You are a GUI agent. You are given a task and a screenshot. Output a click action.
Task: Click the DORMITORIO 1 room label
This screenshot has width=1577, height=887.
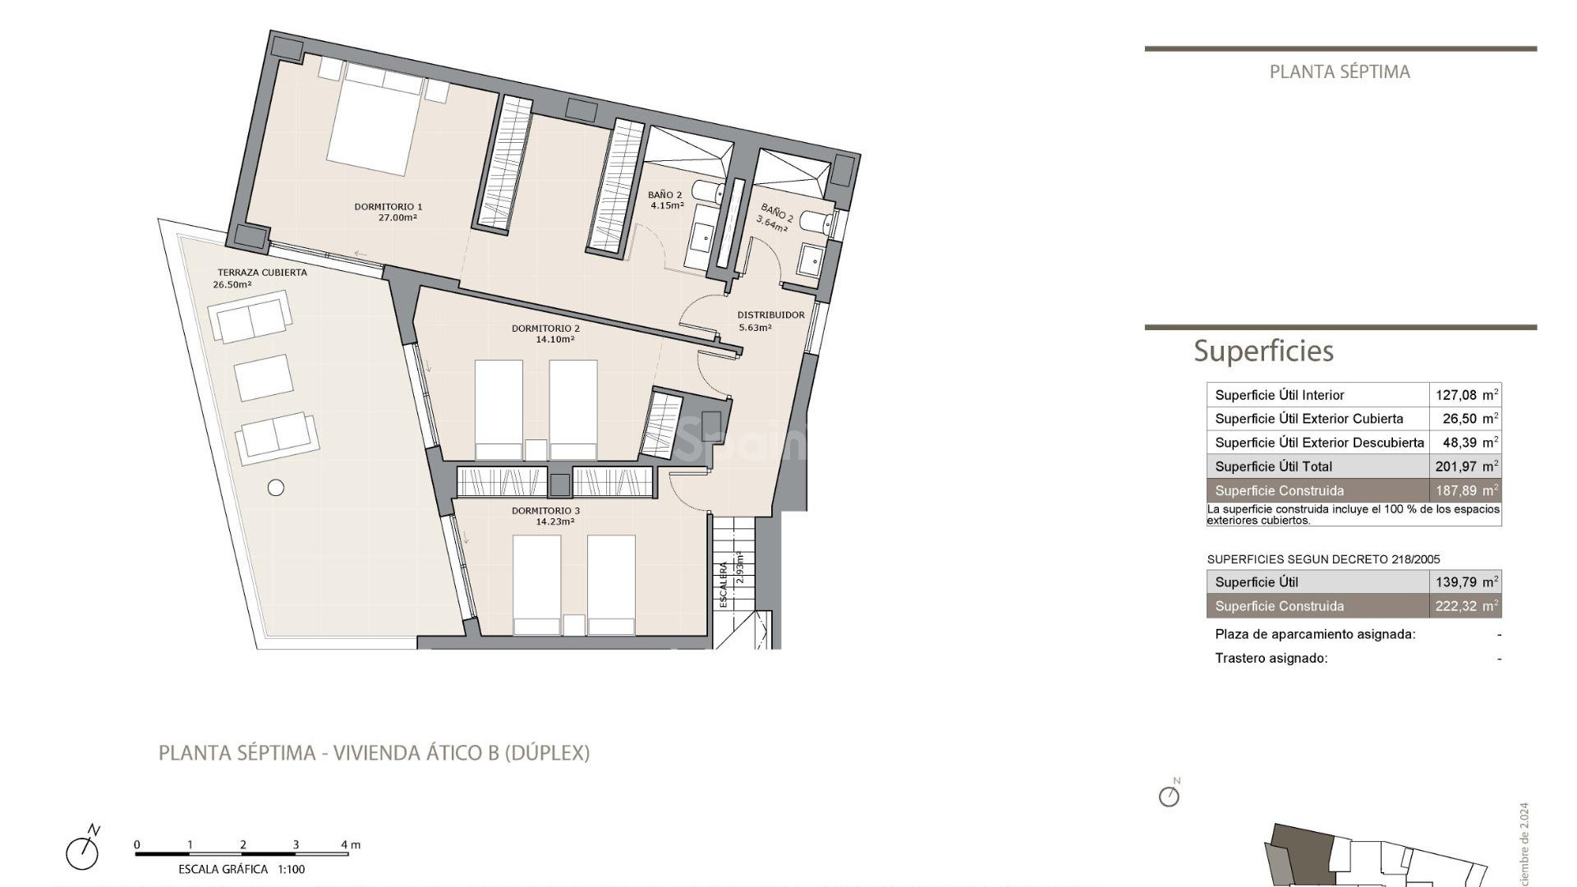388,207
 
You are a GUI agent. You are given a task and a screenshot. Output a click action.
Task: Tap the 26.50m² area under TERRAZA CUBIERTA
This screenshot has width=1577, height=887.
232,285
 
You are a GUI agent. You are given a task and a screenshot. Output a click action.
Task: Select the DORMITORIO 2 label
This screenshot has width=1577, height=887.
545,329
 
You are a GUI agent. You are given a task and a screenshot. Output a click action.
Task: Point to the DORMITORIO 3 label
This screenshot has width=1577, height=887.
545,511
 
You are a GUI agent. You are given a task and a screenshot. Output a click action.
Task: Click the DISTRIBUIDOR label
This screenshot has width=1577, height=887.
770,315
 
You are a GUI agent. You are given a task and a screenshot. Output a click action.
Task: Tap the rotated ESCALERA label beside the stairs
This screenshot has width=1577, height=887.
724,584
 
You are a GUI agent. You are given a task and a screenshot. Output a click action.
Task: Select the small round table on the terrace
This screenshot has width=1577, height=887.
276,488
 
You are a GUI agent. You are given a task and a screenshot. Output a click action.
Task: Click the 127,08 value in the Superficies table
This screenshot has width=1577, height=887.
1457,395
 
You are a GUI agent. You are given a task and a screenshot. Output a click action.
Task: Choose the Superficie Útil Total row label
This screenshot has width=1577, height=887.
1273,466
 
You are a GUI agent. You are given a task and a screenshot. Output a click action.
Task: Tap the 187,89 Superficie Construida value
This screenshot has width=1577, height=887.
1457,491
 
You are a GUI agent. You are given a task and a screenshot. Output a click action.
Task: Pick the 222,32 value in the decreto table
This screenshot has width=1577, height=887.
1457,606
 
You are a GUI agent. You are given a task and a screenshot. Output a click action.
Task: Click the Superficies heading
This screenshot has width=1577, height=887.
1263,352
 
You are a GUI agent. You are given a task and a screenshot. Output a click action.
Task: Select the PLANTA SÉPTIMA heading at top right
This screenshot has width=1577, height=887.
1340,72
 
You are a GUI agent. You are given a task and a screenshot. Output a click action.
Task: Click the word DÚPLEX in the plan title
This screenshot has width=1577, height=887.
546,752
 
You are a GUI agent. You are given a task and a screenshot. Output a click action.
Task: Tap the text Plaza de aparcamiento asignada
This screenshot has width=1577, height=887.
1315,634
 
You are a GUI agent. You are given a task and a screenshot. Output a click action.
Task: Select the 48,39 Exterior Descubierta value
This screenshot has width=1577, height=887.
1460,443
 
